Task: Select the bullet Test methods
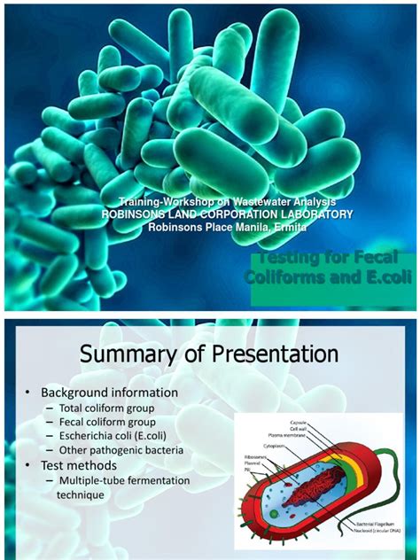pyautogui.click(x=82, y=465)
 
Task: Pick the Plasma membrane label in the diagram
pyautogui.click(x=285, y=437)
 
